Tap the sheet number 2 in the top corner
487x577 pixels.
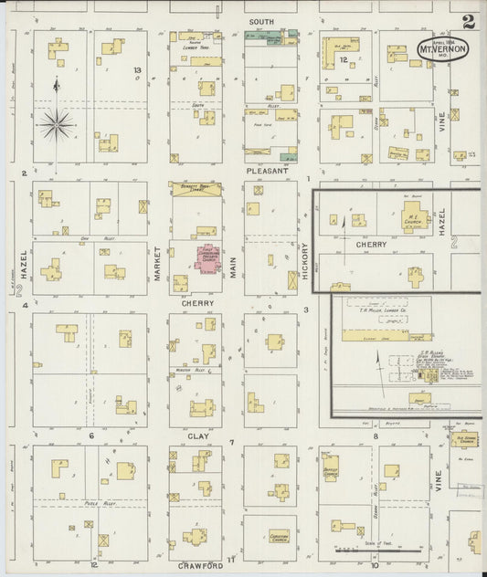tap(469, 21)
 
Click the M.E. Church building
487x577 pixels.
tap(416, 219)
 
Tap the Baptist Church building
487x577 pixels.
tap(330, 467)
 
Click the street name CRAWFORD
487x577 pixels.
tap(200, 566)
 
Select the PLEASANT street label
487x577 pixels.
tap(267, 171)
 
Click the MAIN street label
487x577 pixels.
tap(233, 267)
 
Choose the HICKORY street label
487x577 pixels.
tap(305, 259)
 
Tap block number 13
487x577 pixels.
tap(137, 70)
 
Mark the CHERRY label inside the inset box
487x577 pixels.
tap(372, 245)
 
